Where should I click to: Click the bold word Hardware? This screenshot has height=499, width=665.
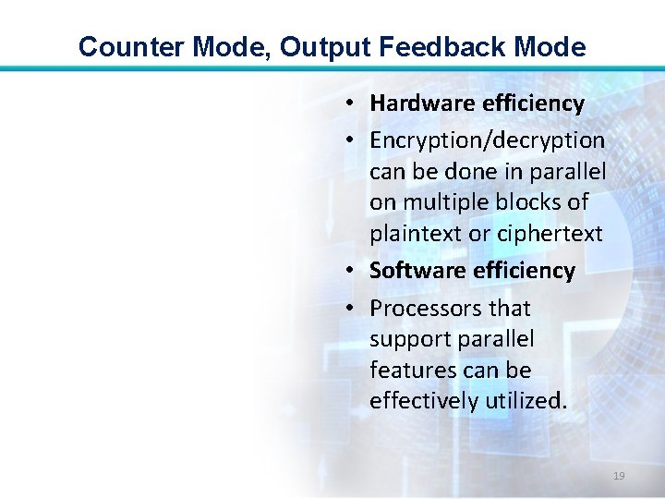[x=422, y=103]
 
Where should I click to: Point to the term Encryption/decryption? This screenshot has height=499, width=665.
[x=487, y=140]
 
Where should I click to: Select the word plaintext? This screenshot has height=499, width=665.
[x=416, y=234]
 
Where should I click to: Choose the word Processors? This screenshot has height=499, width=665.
[x=424, y=308]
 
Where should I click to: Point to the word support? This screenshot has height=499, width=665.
[x=408, y=339]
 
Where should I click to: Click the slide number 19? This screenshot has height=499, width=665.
[x=619, y=476]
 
